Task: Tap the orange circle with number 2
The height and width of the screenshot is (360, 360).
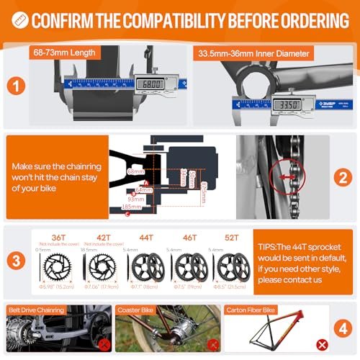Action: (342, 176)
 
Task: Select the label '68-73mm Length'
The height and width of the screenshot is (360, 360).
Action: (74, 53)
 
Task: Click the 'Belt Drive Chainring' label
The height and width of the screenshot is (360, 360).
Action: (37, 309)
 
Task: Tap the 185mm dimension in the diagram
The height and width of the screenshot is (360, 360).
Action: (132, 207)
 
